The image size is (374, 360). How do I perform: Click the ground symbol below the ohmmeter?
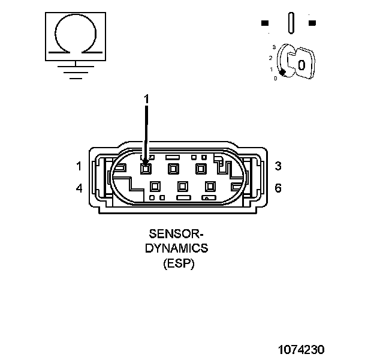pyautogui.click(x=74, y=70)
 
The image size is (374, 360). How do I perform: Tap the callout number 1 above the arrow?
pyautogui.click(x=146, y=98)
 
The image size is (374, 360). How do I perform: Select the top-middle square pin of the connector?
pyautogui.click(x=173, y=169)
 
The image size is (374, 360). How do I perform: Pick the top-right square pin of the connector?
pyautogui.click(x=200, y=169)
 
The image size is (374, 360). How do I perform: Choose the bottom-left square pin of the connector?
pyautogui.click(x=155, y=187)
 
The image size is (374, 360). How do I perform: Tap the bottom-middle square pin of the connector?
pyautogui.click(x=182, y=187)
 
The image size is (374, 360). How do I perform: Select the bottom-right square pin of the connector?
pyautogui.click(x=210, y=187)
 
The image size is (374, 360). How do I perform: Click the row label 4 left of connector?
pyautogui.click(x=79, y=188)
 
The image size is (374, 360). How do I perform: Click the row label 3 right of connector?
pyautogui.click(x=278, y=166)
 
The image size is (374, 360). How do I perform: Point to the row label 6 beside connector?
pyautogui.click(x=278, y=188)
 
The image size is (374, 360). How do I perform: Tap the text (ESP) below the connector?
pyautogui.click(x=179, y=263)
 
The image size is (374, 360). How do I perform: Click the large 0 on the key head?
pyautogui.click(x=302, y=64)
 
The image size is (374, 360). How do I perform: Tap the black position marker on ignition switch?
pyautogui.click(x=282, y=71)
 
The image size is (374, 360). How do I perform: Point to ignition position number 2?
pyautogui.click(x=271, y=58)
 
